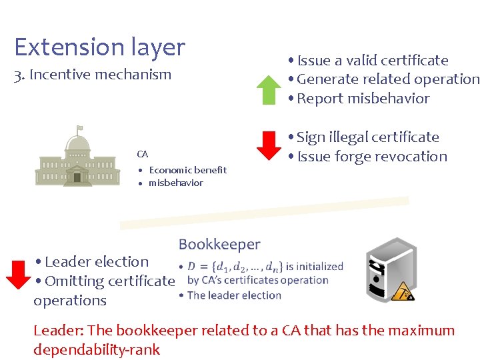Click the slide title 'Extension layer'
(99, 47)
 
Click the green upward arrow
(269, 90)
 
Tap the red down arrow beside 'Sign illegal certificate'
(269, 146)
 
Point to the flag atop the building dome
(79, 127)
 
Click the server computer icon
(391, 270)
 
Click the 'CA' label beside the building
(142, 154)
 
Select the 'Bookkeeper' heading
(219, 245)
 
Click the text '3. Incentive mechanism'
(93, 75)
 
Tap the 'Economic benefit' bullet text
(187, 170)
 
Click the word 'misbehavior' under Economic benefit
(175, 183)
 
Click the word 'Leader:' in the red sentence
(58, 331)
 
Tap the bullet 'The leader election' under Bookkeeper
(234, 295)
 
